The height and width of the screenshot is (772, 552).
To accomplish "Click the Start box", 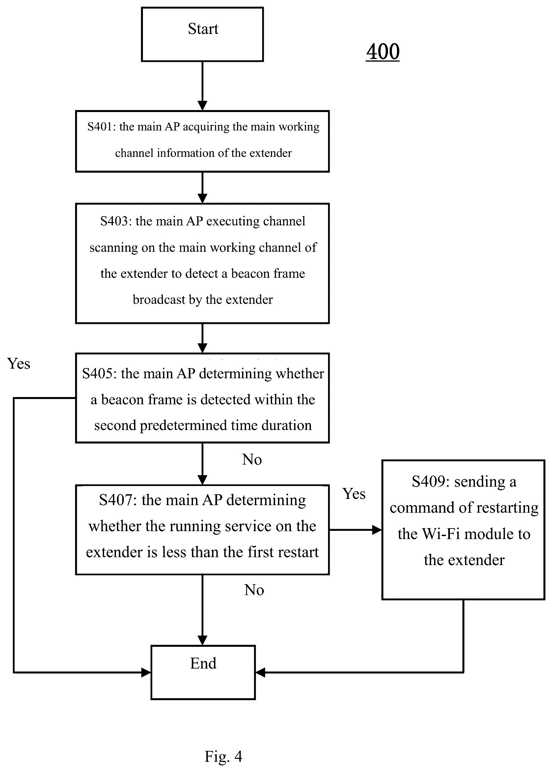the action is pos(202,34).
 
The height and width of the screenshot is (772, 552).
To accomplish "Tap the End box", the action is pos(203,672).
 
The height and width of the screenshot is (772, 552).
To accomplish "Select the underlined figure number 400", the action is pos(383,52).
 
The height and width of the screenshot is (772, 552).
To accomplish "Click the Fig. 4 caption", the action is pos(223,756).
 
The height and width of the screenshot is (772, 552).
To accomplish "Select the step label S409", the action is pos(431,481).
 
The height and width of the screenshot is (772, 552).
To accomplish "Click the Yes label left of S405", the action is pos(19,363).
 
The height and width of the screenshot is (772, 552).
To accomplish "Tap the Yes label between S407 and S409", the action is pos(354,494).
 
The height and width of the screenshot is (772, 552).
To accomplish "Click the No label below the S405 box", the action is pos(252,459).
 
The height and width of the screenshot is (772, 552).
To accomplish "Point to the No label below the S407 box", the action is pos(254,590).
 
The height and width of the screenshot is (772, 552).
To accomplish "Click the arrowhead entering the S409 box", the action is pos(377,529).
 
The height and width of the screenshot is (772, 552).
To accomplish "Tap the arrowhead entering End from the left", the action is pos(146,672).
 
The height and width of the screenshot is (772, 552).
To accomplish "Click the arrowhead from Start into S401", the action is pos(203,106).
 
